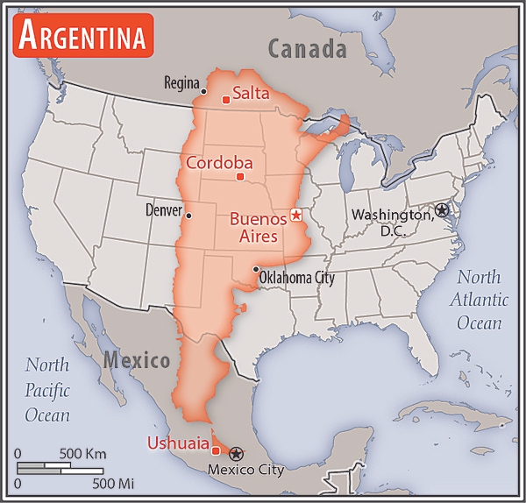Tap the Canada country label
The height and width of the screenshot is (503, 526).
click(307, 49)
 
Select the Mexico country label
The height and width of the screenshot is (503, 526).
click(136, 360)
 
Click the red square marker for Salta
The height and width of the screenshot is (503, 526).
click(226, 99)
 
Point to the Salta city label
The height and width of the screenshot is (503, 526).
click(251, 93)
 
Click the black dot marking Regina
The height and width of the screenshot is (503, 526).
click(204, 90)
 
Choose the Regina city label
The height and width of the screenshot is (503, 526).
click(182, 82)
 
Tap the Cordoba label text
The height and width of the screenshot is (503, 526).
click(218, 162)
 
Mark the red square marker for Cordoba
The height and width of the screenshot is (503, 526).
click(240, 176)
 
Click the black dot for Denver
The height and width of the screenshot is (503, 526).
click(188, 214)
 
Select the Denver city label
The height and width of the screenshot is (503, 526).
click(163, 211)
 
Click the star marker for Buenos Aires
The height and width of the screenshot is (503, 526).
click(296, 215)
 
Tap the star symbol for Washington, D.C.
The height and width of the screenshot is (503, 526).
click(441, 210)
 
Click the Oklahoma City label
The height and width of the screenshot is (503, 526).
click(297, 278)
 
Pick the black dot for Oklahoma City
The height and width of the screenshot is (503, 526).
click(255, 270)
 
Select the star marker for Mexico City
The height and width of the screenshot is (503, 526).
click(236, 452)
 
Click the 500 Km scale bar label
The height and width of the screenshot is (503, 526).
click(82, 453)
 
